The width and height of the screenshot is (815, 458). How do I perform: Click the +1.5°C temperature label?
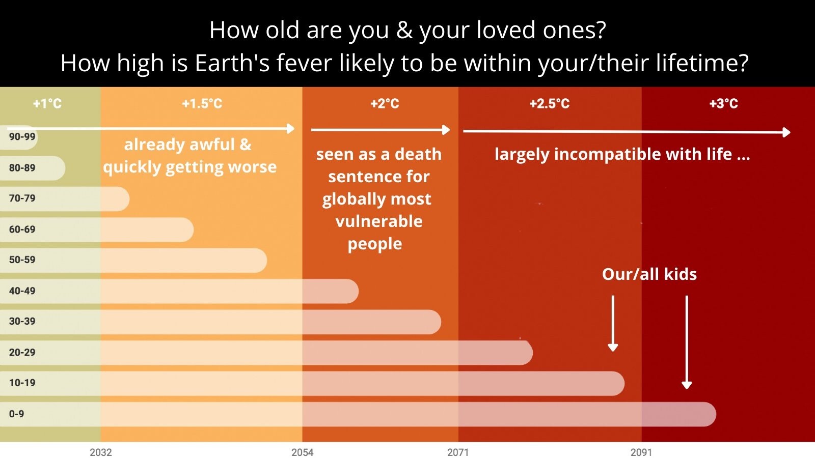(x=202, y=104)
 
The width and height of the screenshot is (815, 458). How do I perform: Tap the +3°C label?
(x=723, y=104)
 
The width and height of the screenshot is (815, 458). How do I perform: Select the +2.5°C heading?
(x=550, y=104)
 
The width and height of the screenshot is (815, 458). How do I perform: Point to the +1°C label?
(x=47, y=104)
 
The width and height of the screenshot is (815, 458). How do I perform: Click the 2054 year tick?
(x=303, y=452)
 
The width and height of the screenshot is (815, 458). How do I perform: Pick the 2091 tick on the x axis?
(x=641, y=452)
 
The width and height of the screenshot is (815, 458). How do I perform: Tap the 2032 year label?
(x=101, y=452)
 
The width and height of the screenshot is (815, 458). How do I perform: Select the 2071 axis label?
(x=458, y=452)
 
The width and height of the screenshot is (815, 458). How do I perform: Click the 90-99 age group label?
(x=22, y=137)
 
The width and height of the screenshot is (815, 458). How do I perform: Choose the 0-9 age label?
(x=16, y=414)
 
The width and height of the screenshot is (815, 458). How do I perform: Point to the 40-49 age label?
(x=22, y=291)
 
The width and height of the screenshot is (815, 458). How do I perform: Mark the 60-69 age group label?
(x=22, y=230)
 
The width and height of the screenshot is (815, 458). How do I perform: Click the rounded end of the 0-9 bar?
(x=715, y=414)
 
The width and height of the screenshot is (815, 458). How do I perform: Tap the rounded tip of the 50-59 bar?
(x=266, y=260)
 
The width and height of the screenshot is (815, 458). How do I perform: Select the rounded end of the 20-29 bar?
(x=532, y=353)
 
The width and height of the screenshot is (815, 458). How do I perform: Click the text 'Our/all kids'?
(x=649, y=274)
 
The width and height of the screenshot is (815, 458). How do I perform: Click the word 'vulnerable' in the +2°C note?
(x=379, y=221)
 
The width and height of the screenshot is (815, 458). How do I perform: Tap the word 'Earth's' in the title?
(x=232, y=63)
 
